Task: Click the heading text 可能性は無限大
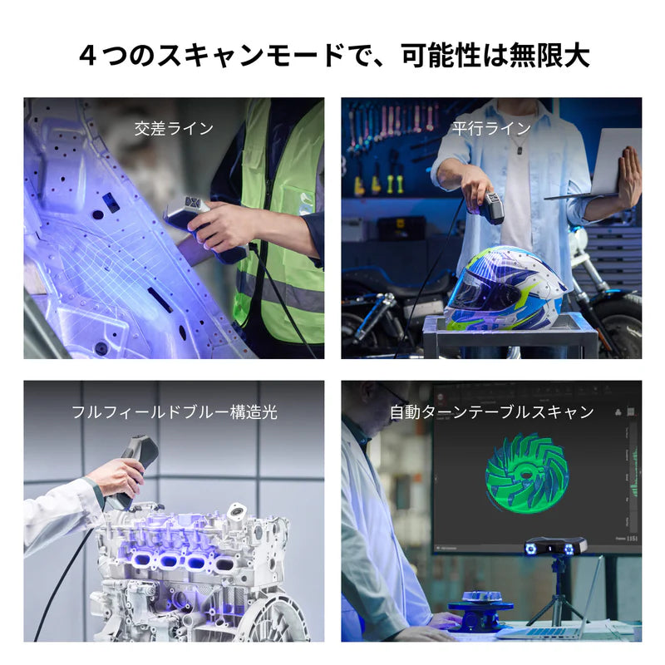click(x=495, y=56)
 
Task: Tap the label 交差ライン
click(x=174, y=128)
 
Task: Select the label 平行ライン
click(x=490, y=128)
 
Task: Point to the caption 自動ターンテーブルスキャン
click(x=491, y=411)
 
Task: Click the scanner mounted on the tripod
click(x=555, y=546)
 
